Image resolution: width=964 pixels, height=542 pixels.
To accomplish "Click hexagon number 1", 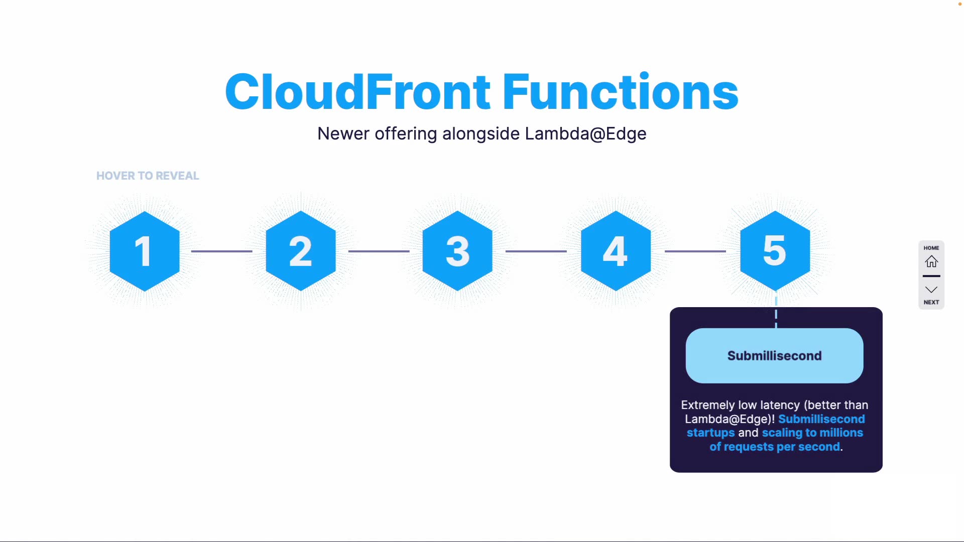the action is click(145, 251).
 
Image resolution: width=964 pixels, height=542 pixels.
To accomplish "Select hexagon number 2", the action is click(301, 251).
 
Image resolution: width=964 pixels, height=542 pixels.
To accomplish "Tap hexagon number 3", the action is click(457, 251).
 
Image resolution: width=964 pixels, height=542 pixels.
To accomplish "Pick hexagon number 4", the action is click(616, 251).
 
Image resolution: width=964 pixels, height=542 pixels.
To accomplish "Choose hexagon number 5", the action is click(775, 251).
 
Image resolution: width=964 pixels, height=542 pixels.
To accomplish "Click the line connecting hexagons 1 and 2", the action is click(222, 251).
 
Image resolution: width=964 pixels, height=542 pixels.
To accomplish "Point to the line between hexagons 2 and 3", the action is click(379, 251).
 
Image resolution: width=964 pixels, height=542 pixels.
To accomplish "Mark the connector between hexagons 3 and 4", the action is click(536, 251).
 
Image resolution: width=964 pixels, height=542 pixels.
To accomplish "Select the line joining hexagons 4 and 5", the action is click(695, 251).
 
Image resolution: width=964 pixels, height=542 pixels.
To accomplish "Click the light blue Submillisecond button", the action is click(775, 356).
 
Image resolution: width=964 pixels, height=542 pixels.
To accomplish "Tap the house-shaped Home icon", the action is click(931, 261).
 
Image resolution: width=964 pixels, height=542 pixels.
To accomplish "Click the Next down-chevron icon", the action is click(931, 290).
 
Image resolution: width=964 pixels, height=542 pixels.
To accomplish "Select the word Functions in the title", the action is click(621, 92).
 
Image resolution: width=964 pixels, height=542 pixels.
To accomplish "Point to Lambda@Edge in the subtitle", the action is click(585, 133).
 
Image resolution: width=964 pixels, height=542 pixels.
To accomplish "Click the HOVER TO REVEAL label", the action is click(148, 176).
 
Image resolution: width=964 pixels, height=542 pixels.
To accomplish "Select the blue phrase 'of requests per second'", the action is click(775, 447).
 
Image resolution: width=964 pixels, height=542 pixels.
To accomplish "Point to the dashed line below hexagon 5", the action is click(776, 310).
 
